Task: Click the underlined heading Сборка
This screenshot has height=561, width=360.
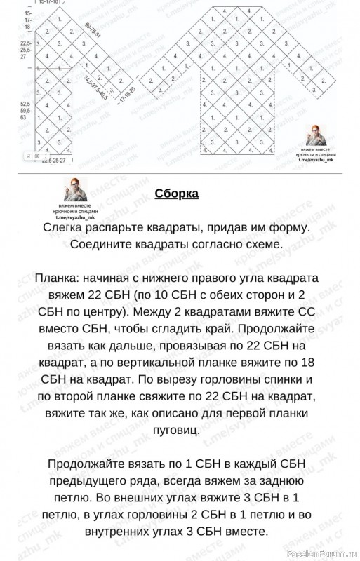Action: [x=176, y=194]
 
